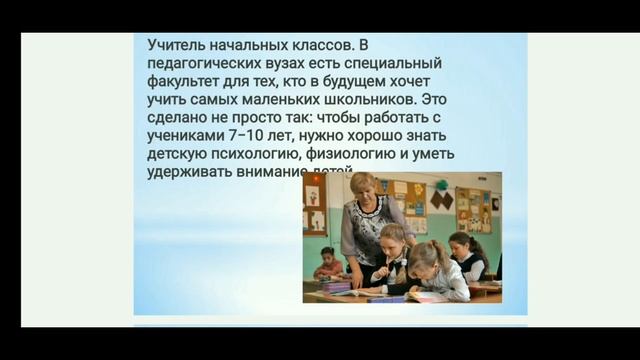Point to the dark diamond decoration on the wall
click(x=441, y=199)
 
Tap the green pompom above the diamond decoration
click(x=440, y=184)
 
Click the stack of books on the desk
click(x=334, y=287)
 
